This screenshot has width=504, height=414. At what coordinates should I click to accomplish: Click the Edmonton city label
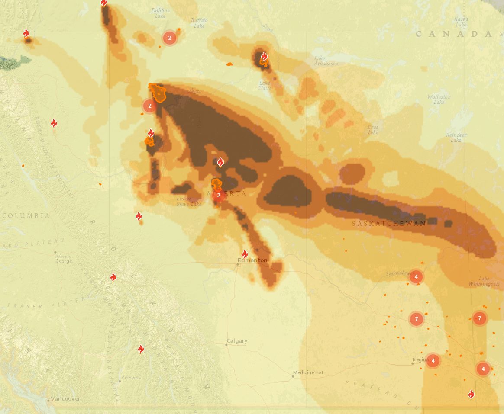(252, 260)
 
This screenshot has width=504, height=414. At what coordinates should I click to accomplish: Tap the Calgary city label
(237, 340)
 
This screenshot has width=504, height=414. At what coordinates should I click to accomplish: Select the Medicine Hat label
(308, 372)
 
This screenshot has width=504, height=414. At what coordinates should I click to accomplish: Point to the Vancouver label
(65, 398)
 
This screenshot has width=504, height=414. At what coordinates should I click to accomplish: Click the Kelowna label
(131, 378)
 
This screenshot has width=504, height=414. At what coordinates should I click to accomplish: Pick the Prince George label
(63, 259)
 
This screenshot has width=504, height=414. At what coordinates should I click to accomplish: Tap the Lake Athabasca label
(326, 61)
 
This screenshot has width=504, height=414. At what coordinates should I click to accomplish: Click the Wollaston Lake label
(439, 99)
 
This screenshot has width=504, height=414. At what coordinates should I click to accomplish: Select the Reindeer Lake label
(456, 138)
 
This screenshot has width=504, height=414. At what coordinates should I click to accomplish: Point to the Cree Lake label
(373, 129)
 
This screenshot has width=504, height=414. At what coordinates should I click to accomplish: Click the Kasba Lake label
(461, 22)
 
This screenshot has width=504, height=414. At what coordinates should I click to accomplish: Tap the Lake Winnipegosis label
(484, 281)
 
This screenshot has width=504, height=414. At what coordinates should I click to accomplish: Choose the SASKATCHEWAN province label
(389, 223)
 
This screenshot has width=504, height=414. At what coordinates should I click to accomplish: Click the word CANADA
(454, 34)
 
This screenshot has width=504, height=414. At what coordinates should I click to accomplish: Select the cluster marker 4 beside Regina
(433, 360)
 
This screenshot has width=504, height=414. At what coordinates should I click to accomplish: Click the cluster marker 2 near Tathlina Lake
(170, 38)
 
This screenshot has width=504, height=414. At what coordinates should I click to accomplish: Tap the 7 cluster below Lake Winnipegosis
(479, 318)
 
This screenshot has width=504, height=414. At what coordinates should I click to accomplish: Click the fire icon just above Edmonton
(245, 254)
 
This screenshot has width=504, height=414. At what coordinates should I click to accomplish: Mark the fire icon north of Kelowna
(141, 349)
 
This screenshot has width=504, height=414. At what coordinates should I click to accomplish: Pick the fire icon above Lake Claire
(264, 56)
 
